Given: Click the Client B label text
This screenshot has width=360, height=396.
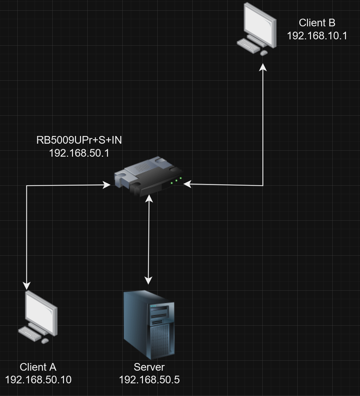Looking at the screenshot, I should click(x=317, y=23).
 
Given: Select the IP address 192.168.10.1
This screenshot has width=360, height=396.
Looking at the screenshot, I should click(x=317, y=36).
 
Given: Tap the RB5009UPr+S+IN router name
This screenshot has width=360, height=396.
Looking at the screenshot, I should click(x=79, y=140).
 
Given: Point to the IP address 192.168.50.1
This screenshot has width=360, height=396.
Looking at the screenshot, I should click(x=79, y=153).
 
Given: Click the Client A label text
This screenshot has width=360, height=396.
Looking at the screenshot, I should click(x=38, y=367).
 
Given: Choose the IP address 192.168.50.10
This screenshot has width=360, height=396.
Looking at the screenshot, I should click(x=38, y=380).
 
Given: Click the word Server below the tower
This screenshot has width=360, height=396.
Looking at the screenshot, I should click(x=149, y=367).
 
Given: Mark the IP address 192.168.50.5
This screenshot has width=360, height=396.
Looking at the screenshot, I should click(x=149, y=380).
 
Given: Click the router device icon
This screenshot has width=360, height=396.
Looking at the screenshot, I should click(x=148, y=177).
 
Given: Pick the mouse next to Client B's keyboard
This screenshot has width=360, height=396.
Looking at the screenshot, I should click(x=264, y=53).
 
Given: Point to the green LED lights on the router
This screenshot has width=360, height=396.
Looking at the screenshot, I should click(x=176, y=180).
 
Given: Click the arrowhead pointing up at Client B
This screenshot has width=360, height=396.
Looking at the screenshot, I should click(x=263, y=67).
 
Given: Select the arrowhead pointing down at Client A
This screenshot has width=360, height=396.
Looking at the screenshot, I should click(x=27, y=285).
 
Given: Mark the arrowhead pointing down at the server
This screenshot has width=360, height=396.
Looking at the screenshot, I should click(x=148, y=280).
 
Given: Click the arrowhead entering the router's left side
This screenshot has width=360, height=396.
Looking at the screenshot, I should click(x=107, y=185).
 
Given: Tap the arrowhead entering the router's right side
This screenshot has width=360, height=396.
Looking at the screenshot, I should click(x=187, y=184).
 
